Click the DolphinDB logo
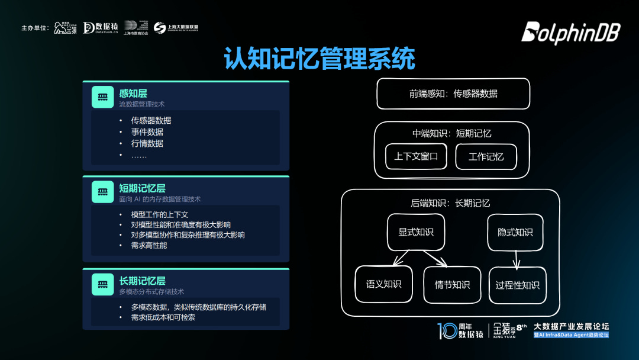[570, 33]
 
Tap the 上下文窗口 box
[416, 157]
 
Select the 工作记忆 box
[486, 157]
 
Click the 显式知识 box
[415, 232]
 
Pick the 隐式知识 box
[515, 232]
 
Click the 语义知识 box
[383, 284]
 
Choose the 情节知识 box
[452, 285]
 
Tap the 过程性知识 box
[517, 285]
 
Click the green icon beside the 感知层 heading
[102, 97]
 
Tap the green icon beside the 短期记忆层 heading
[102, 192]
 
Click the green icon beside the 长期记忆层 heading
[102, 284]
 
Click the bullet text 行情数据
[147, 143]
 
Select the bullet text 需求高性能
[149, 245]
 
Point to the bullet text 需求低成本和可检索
[163, 317]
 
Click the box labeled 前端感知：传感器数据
[453, 94]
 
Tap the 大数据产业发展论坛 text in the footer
[571, 326]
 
